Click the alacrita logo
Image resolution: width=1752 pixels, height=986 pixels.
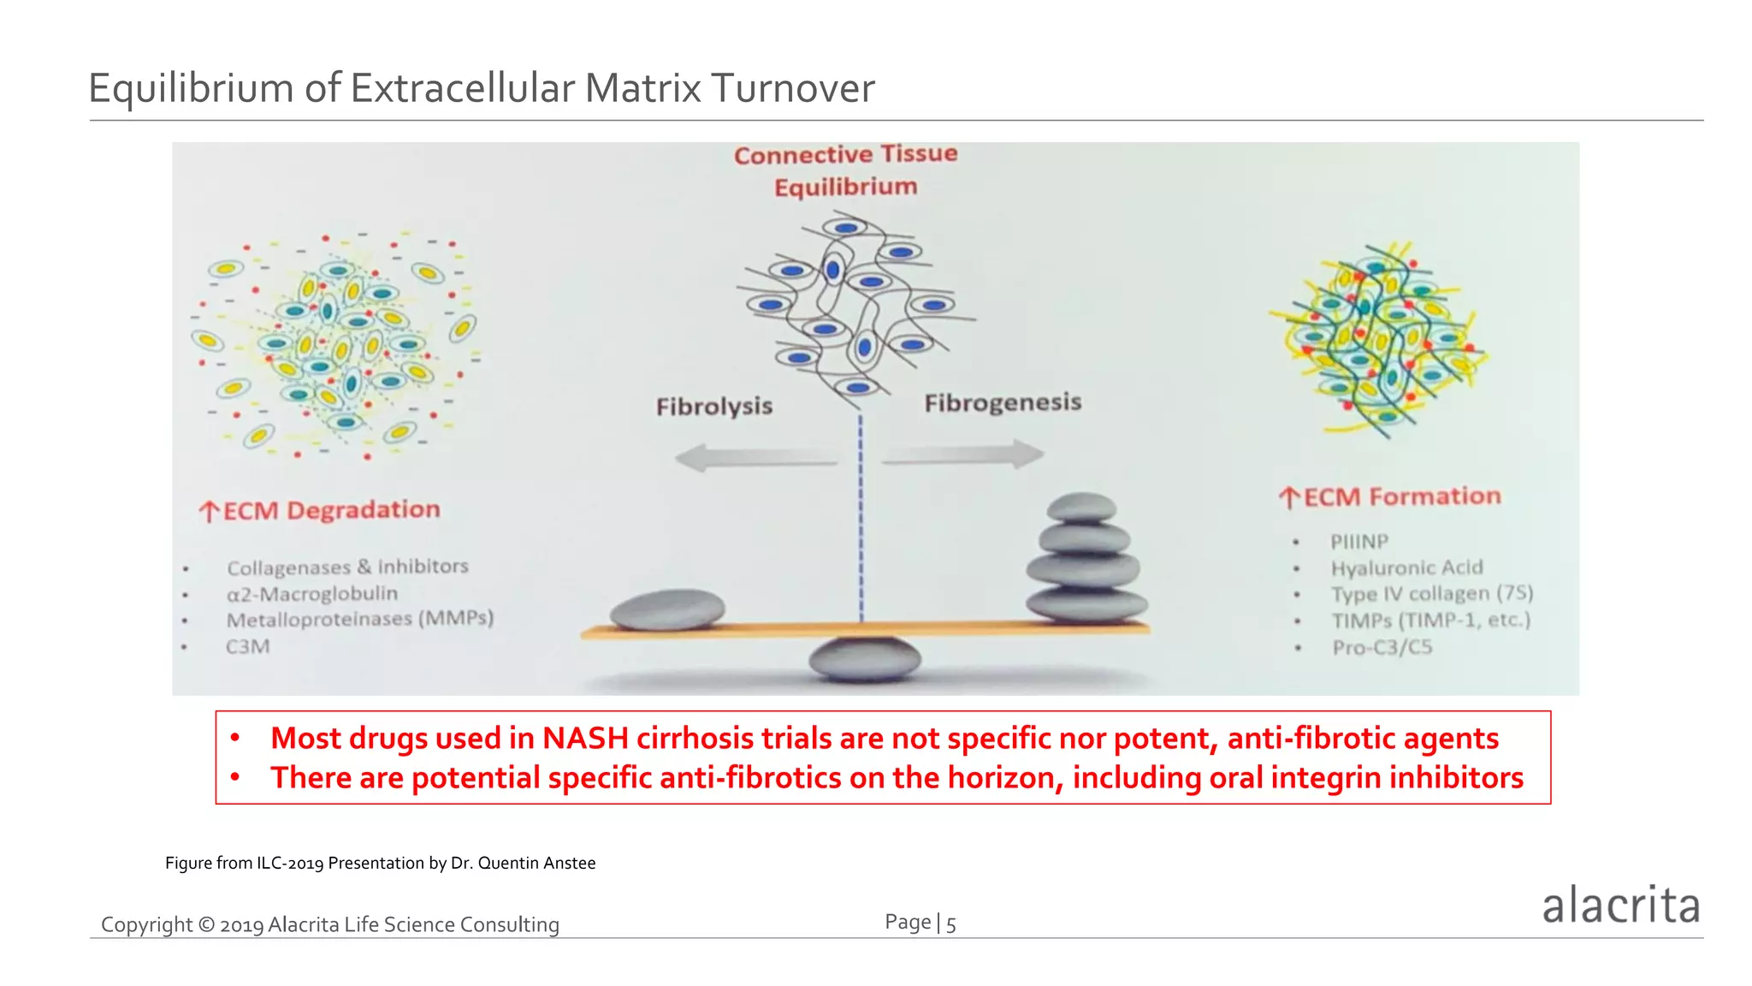click(1620, 906)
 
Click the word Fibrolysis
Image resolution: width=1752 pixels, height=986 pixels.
click(714, 406)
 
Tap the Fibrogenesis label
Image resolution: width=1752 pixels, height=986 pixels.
click(1003, 402)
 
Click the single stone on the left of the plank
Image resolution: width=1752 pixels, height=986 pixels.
click(667, 609)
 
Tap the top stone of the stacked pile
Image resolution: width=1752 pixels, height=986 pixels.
click(1082, 508)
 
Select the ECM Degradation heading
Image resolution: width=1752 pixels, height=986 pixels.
click(320, 510)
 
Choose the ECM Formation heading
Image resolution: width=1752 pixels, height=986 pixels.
click(1391, 497)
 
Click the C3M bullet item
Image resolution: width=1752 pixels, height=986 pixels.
click(248, 646)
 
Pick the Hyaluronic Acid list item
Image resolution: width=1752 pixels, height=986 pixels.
click(1406, 567)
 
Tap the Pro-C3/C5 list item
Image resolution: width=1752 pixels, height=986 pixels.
click(1382, 647)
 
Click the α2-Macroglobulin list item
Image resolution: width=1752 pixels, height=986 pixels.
click(312, 593)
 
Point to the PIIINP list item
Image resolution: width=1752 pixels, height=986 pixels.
click(1359, 542)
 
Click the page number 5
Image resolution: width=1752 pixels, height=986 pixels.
click(950, 924)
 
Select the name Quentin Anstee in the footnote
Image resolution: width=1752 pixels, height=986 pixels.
click(536, 863)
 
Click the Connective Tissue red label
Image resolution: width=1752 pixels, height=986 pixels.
click(845, 154)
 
